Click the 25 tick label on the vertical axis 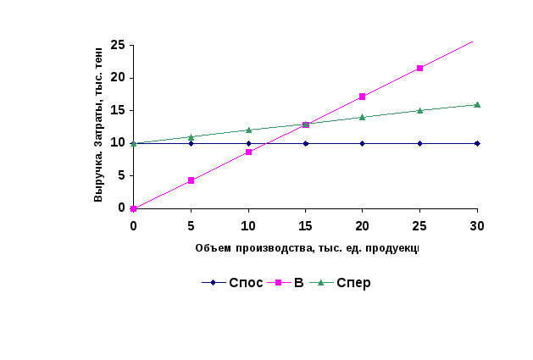[118, 45]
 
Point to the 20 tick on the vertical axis [118, 78]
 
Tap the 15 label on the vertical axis [118, 110]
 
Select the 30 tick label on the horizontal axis [477, 225]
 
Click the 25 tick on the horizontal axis [419, 225]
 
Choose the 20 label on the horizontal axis [362, 225]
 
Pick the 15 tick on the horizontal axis [305, 225]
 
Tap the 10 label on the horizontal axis [248, 225]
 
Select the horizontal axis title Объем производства [307, 248]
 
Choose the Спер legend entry [353, 283]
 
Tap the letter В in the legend [298, 283]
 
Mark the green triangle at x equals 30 [477, 105]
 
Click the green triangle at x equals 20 [362, 117]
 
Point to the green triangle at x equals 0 [134, 144]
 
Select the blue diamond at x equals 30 [477, 143]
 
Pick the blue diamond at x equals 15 [305, 143]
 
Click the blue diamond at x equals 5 [191, 143]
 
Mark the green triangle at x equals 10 [248, 130]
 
